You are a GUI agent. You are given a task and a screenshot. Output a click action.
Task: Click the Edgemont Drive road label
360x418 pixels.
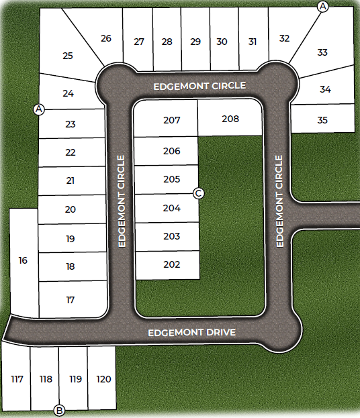pyautogui.click(x=191, y=332)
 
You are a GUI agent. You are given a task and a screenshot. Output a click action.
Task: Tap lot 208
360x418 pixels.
pyautogui.click(x=230, y=119)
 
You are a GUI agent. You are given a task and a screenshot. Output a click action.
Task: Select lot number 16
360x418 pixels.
pyautogui.click(x=23, y=260)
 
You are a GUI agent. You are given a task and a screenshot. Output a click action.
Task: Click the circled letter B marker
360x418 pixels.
pyautogui.click(x=59, y=410)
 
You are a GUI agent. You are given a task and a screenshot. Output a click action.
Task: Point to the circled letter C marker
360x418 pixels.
pyautogui.click(x=198, y=193)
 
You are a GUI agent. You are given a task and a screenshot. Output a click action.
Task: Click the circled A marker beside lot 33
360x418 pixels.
pyautogui.click(x=323, y=6)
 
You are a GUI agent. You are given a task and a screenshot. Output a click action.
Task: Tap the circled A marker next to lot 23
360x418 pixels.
pyautogui.click(x=38, y=109)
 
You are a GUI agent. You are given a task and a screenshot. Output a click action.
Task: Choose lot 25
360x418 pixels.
pyautogui.click(x=67, y=56)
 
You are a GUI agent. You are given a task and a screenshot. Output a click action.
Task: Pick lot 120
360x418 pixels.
pyautogui.click(x=103, y=379)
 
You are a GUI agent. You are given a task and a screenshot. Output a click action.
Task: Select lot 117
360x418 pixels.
pyautogui.click(x=17, y=379)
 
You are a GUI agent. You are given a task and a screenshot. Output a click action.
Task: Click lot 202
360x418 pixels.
pyautogui.click(x=172, y=264)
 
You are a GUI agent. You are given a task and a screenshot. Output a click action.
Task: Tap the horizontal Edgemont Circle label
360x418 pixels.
pyautogui.click(x=199, y=86)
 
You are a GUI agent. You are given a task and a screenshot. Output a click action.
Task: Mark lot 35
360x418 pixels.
pyautogui.click(x=322, y=120)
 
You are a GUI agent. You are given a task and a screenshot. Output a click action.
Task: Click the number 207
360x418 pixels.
pyautogui.click(x=172, y=120)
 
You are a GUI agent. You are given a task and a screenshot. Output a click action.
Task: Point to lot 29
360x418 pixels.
pyautogui.click(x=195, y=42)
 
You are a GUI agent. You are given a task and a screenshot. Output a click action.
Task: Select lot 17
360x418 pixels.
pyautogui.click(x=71, y=300)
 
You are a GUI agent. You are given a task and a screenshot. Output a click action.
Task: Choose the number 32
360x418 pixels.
pyautogui.click(x=284, y=38)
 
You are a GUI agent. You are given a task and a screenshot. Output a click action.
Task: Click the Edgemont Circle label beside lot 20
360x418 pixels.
pyautogui.click(x=122, y=201)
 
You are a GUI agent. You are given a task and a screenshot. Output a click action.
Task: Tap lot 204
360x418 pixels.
pyautogui.click(x=172, y=208)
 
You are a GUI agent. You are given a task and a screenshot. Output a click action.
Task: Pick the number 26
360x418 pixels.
pyautogui.click(x=106, y=38)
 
